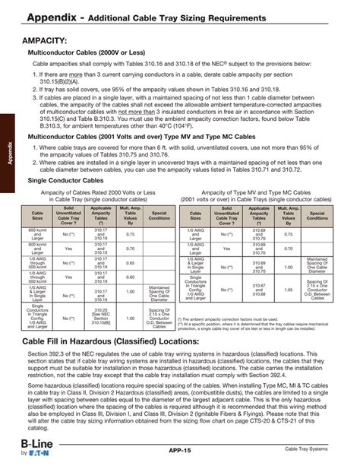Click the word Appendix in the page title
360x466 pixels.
(x=56, y=15)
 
